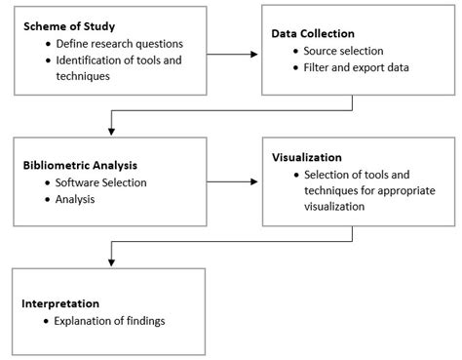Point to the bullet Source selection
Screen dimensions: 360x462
(342, 49)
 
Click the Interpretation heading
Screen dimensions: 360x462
(60, 303)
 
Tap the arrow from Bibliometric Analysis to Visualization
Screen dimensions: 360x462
(232, 180)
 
